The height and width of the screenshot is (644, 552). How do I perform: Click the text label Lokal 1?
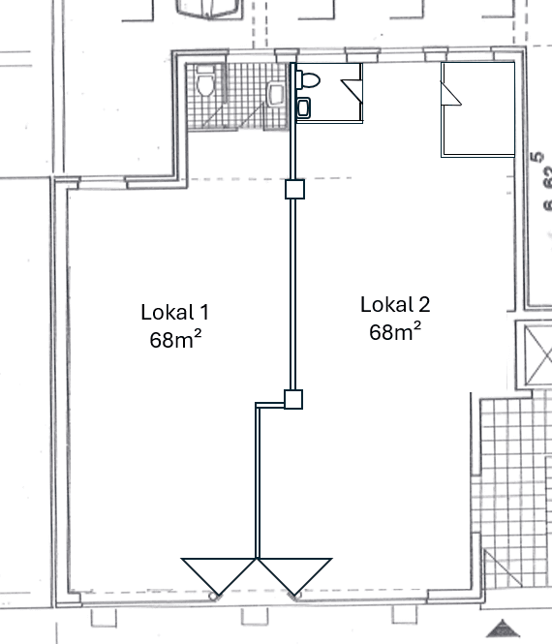click(x=174, y=312)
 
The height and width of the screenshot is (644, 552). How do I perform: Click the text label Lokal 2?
click(x=394, y=304)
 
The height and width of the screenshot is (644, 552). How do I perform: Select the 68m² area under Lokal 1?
click(x=174, y=340)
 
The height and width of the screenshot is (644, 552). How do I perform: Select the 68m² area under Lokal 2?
click(x=394, y=332)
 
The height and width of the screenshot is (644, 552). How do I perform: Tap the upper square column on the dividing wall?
click(x=294, y=189)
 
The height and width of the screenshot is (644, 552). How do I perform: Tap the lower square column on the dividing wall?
click(x=293, y=398)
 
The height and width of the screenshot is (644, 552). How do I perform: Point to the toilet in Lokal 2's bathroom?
click(x=310, y=79)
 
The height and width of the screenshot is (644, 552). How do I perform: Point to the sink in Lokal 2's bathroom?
click(x=305, y=107)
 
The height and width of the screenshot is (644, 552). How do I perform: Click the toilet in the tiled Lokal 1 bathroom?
click(x=203, y=87)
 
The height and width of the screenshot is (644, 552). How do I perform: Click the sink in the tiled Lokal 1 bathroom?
click(x=276, y=94)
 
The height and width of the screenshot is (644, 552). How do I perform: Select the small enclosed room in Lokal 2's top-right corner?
click(x=477, y=108)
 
